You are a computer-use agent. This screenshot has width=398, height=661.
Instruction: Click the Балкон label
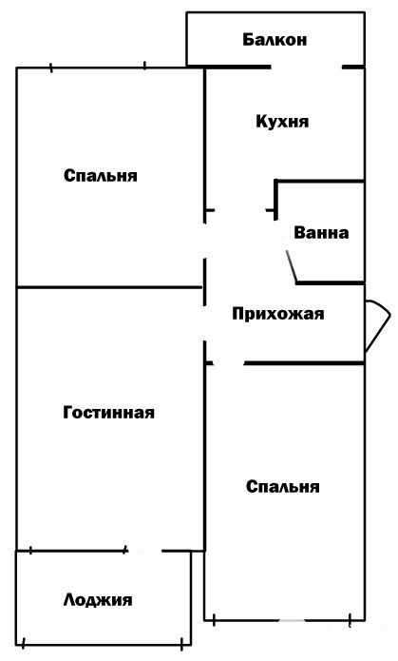275,40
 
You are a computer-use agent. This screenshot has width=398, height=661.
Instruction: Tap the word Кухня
282,122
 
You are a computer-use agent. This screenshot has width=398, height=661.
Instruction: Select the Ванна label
321,233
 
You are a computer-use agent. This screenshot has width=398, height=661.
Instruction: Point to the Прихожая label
278,314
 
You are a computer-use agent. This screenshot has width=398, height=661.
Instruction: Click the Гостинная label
108,412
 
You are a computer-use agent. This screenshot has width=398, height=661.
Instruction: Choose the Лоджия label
98,600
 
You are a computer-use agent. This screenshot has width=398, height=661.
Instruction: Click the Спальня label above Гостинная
101,176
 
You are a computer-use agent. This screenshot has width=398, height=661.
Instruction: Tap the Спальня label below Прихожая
283,486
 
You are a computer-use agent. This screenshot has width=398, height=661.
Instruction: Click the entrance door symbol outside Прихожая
378,325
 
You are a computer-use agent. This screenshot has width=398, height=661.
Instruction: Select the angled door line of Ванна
292,266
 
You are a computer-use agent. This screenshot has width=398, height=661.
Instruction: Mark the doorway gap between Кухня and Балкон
306,67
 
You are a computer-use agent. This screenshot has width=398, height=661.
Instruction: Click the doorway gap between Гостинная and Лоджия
144,551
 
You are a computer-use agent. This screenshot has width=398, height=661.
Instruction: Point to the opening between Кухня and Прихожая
240,210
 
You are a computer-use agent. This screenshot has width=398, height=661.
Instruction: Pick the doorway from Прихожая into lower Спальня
229,363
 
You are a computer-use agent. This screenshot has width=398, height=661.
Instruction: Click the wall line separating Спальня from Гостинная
109,287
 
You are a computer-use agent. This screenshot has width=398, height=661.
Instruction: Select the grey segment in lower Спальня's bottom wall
292,620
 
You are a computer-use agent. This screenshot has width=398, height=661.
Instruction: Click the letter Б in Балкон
248,40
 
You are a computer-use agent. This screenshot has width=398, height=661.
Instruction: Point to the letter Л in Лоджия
69,600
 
